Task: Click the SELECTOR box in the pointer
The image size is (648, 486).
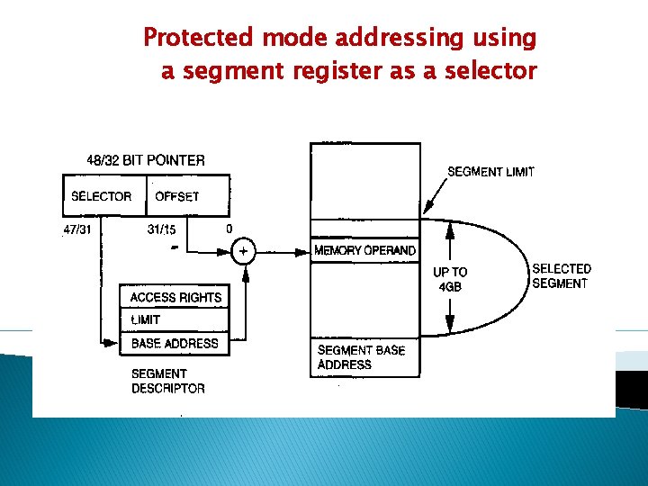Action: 101,196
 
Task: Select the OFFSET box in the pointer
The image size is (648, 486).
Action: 177,196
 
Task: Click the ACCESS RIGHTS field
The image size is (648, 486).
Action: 175,297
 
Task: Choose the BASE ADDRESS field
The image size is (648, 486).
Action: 175,343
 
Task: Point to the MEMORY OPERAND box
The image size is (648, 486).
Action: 364,251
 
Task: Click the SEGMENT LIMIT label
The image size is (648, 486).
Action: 490,172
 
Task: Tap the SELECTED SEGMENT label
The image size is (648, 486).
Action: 561,275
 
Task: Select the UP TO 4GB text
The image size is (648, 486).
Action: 450,279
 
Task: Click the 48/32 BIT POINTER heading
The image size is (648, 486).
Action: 146,160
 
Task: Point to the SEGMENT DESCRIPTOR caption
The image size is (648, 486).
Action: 167,381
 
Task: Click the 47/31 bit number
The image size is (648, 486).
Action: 76,229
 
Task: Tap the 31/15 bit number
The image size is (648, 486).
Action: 161,229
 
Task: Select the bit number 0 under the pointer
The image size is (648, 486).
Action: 229,229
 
